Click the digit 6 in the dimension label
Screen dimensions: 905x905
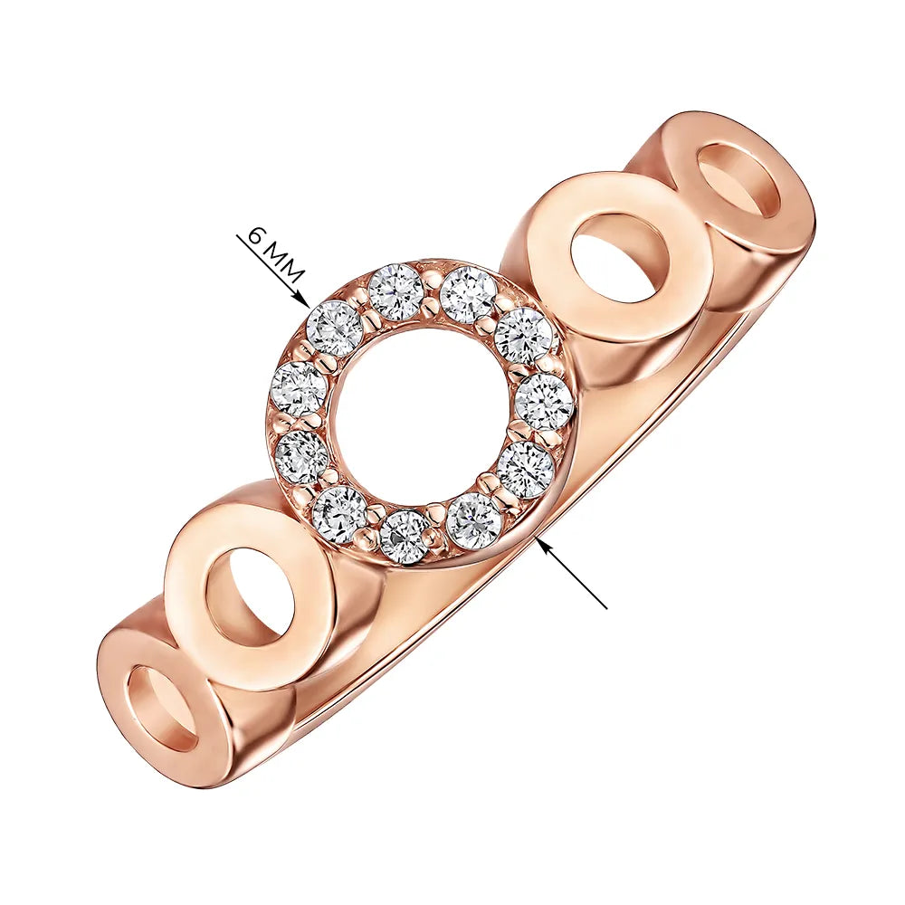(x=258, y=236)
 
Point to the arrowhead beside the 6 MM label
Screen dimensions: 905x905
(x=302, y=300)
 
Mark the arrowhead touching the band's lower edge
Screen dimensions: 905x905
(x=542, y=544)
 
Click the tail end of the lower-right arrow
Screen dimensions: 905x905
(x=607, y=608)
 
